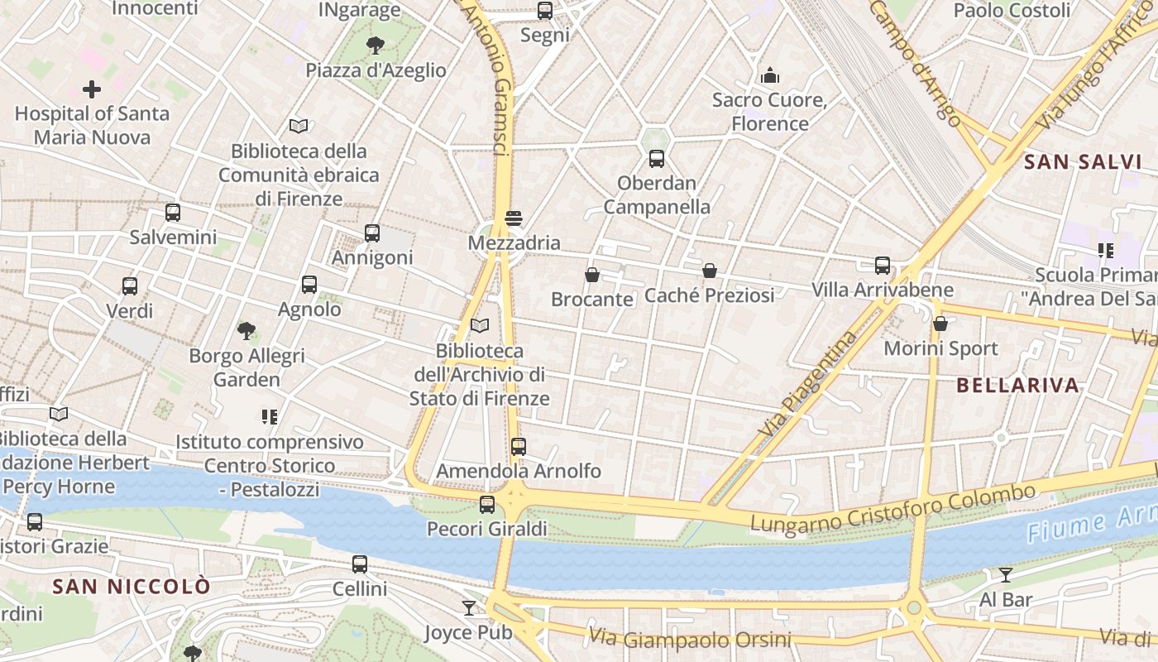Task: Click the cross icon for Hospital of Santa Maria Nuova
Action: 92,89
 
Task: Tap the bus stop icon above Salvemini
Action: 173,213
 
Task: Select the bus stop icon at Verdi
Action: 130,286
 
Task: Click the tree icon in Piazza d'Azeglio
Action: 376,45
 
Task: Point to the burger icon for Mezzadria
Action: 514,218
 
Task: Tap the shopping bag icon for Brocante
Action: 592,275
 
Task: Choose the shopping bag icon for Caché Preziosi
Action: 710,271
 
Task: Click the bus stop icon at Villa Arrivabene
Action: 883,266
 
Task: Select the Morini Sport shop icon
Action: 940,324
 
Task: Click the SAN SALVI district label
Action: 1083,162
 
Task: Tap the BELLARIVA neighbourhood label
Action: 1018,385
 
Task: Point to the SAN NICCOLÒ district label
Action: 132,587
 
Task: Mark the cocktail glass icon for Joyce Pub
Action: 470,608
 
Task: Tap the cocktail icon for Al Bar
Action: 1006,575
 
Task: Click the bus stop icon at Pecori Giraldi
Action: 487,504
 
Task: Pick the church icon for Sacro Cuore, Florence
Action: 771,76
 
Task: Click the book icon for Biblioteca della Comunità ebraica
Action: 299,126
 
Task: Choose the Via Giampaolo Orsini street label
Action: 690,639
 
